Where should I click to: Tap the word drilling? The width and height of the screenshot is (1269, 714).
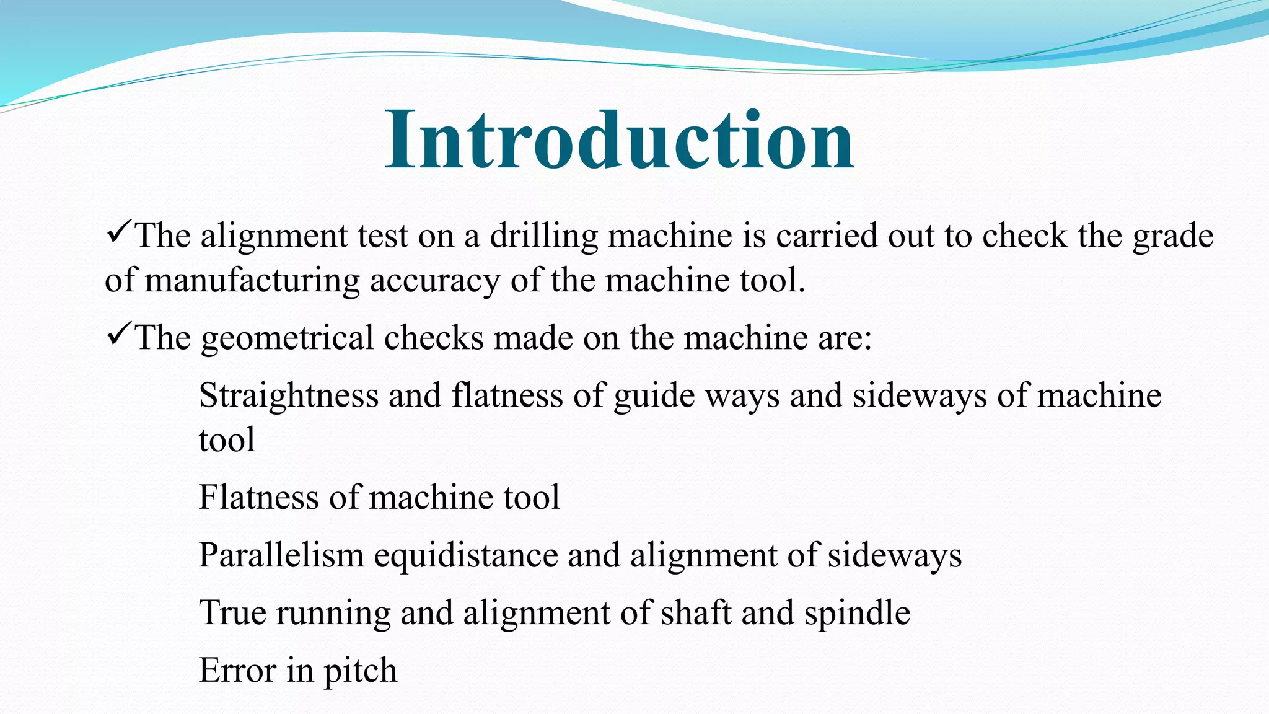click(543, 237)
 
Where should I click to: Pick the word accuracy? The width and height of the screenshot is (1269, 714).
click(434, 281)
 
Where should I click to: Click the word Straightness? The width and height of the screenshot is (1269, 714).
click(288, 396)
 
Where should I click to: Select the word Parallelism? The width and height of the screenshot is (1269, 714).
click(281, 555)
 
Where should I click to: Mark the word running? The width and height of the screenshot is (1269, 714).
click(333, 614)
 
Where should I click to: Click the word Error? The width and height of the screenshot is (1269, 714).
click(237, 670)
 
